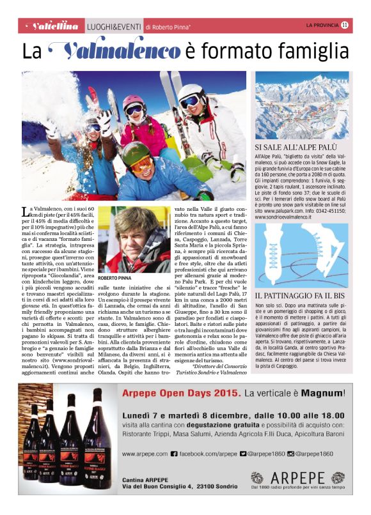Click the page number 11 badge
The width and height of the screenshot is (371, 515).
coord(345,26)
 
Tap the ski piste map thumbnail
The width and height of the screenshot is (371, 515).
coord(302,106)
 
